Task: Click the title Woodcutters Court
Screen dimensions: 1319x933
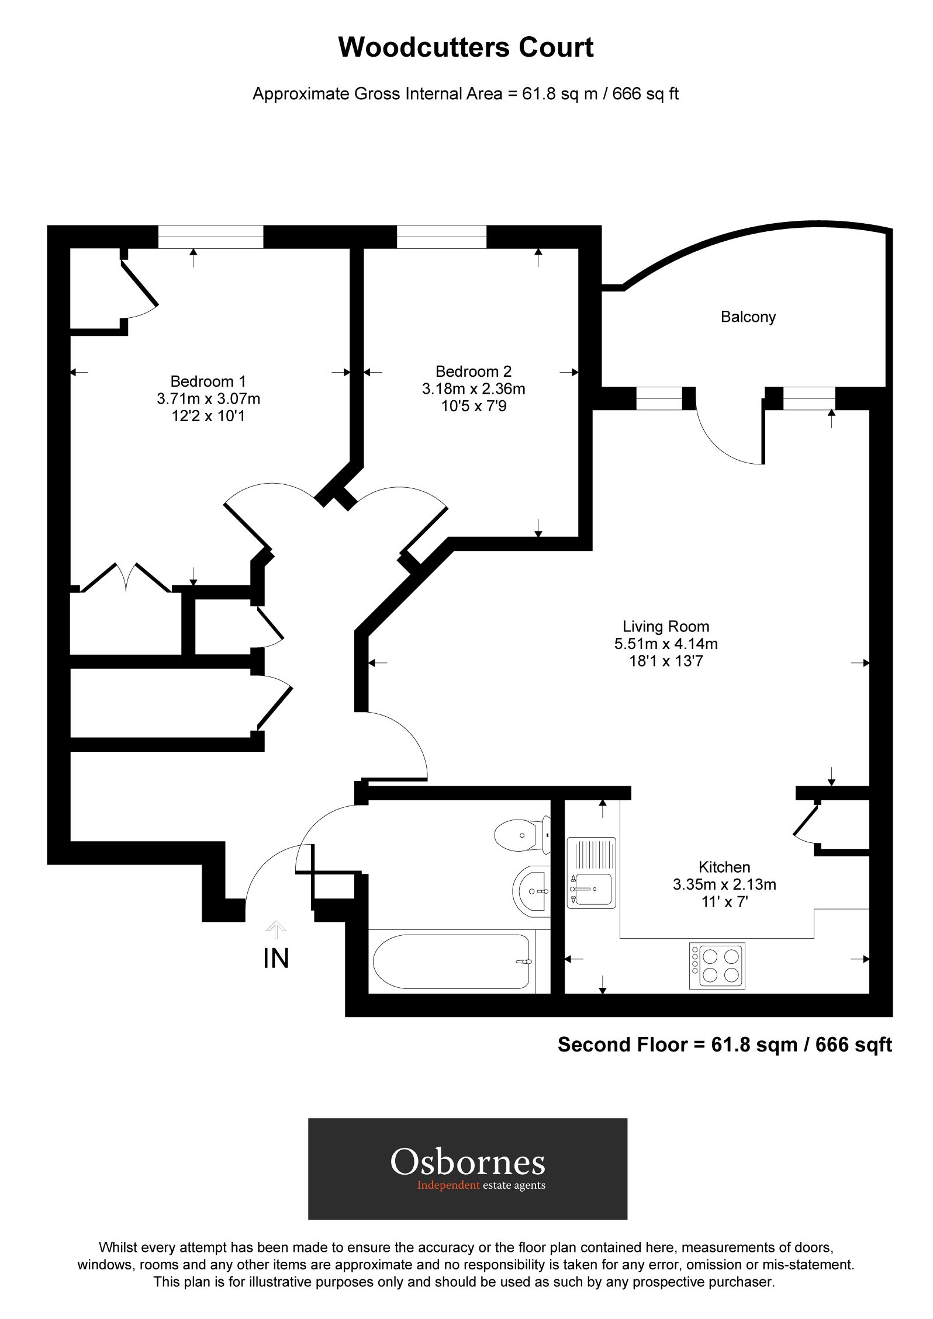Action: click(466, 48)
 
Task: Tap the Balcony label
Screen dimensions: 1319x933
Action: click(748, 317)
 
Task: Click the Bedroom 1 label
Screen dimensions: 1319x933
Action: click(208, 381)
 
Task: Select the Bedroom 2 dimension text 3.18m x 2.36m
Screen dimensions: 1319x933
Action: click(474, 388)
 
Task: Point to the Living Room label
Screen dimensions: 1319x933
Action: click(666, 627)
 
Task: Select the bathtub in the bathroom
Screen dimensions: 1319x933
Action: click(451, 962)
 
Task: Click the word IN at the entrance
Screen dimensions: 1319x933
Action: click(277, 959)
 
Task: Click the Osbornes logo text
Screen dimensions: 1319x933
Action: click(468, 1162)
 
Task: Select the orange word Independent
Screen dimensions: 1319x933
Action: click(448, 1185)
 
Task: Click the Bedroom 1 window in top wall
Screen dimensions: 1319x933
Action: click(210, 237)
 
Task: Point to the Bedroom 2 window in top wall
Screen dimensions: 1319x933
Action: click(441, 237)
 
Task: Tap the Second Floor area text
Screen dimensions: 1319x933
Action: click(724, 1044)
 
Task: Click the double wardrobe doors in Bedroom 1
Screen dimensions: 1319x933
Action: click(126, 578)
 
